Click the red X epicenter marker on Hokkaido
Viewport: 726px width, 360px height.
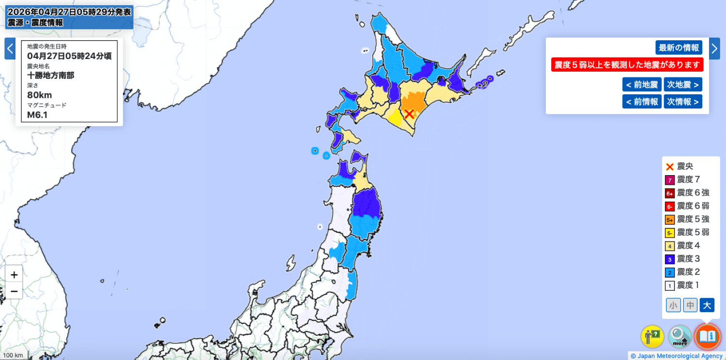click(409, 114)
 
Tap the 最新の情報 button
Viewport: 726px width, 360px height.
click(679, 47)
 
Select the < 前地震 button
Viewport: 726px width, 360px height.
click(642, 85)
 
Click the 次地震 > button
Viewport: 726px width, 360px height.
click(682, 85)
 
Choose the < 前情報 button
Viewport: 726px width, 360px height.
click(642, 101)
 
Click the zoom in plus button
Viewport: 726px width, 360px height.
click(14, 275)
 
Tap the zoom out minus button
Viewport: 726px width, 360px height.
click(14, 291)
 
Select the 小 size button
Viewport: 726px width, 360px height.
click(673, 305)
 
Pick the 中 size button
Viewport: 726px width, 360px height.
click(690, 305)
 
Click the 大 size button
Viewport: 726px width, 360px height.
click(707, 305)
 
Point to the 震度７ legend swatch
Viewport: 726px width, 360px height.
click(670, 180)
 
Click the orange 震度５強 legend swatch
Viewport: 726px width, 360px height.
click(670, 220)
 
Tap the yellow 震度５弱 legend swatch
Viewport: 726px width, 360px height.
click(670, 233)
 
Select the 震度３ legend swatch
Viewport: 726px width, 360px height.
click(670, 259)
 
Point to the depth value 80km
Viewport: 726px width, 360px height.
click(40, 94)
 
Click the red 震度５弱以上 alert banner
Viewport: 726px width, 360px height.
click(627, 65)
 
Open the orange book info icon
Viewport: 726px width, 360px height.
click(707, 336)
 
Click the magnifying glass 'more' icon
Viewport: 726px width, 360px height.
click(680, 336)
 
